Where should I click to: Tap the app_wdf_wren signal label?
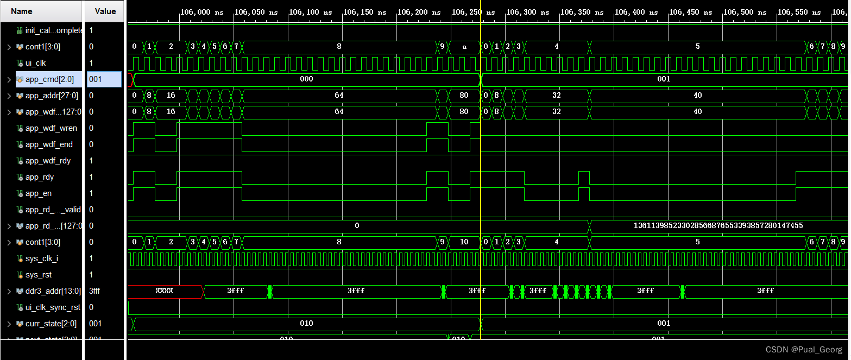tap(51, 128)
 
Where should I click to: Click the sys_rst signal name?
tap(39, 275)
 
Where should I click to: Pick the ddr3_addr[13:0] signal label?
tap(53, 291)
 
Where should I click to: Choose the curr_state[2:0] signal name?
tap(51, 324)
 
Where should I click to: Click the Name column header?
tap(22, 11)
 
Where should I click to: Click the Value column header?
tap(105, 11)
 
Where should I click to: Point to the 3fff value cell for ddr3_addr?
tap(95, 291)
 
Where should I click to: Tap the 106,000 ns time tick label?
tap(202, 12)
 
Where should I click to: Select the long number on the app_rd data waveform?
tap(718, 225)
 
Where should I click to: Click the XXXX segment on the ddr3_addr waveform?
tap(164, 291)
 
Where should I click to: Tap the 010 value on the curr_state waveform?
tap(306, 324)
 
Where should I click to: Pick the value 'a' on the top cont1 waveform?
tap(464, 47)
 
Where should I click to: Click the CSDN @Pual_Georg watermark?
tap(804, 350)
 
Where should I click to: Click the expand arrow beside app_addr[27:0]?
tap(9, 96)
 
